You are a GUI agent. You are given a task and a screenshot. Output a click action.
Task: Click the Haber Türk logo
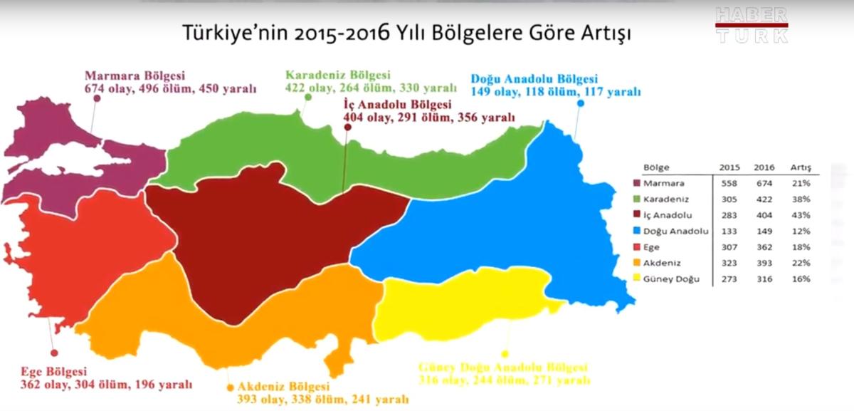[752, 26]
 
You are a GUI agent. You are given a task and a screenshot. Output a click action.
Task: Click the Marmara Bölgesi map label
[135, 76]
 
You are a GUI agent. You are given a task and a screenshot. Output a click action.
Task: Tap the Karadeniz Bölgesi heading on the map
[338, 75]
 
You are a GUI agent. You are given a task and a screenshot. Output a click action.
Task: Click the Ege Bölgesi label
[54, 372]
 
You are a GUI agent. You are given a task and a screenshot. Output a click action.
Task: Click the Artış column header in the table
[801, 168]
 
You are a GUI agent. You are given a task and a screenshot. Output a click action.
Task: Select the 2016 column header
[761, 168]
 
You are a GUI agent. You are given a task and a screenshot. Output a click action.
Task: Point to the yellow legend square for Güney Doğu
[637, 279]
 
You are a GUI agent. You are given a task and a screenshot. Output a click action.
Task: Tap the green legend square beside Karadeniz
[637, 199]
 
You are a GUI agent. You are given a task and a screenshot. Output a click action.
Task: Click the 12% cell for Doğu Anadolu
[801, 231]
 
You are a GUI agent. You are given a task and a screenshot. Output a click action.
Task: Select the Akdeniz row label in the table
[660, 264]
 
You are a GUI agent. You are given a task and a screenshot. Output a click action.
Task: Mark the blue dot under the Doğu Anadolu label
[581, 103]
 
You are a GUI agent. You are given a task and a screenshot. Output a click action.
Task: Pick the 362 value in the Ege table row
[761, 247]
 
